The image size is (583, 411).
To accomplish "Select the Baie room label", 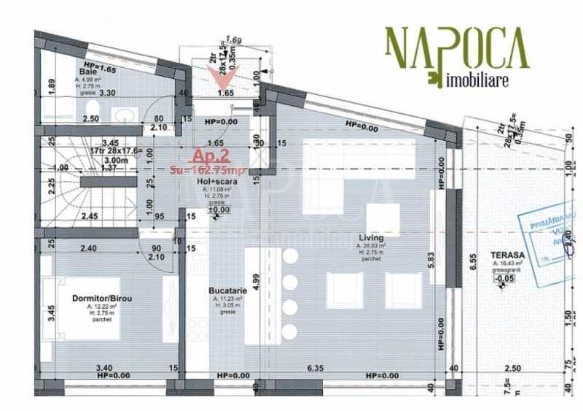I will pos(88,72).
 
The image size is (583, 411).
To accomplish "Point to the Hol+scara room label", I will pos(219,181).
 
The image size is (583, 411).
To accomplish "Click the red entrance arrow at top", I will pos(218,72).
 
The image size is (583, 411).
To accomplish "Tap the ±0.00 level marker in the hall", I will pos(219,210).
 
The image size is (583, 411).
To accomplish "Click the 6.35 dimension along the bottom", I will pos(316,368).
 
